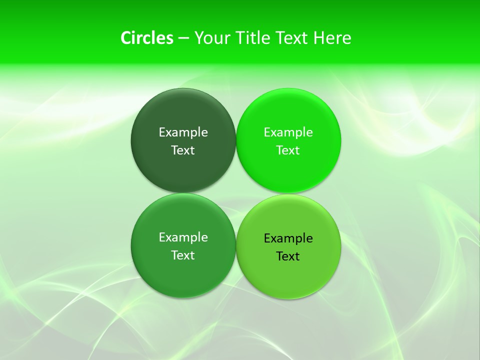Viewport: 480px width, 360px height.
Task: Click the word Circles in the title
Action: click(x=146, y=38)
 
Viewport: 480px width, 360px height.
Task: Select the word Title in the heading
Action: click(x=253, y=38)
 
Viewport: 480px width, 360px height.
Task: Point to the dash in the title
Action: click(x=183, y=38)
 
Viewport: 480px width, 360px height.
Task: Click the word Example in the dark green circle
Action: click(x=183, y=132)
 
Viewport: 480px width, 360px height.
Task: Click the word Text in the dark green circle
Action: click(x=183, y=150)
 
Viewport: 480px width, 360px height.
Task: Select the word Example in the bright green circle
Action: click(x=288, y=132)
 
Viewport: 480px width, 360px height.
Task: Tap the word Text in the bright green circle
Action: click(x=288, y=150)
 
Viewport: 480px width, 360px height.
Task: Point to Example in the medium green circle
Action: click(x=183, y=237)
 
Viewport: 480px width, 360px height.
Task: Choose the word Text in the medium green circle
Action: click(x=183, y=255)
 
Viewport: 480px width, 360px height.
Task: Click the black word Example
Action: click(x=288, y=238)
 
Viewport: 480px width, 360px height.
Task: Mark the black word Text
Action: click(x=288, y=256)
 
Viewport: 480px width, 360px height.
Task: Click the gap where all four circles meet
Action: click(x=236, y=193)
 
